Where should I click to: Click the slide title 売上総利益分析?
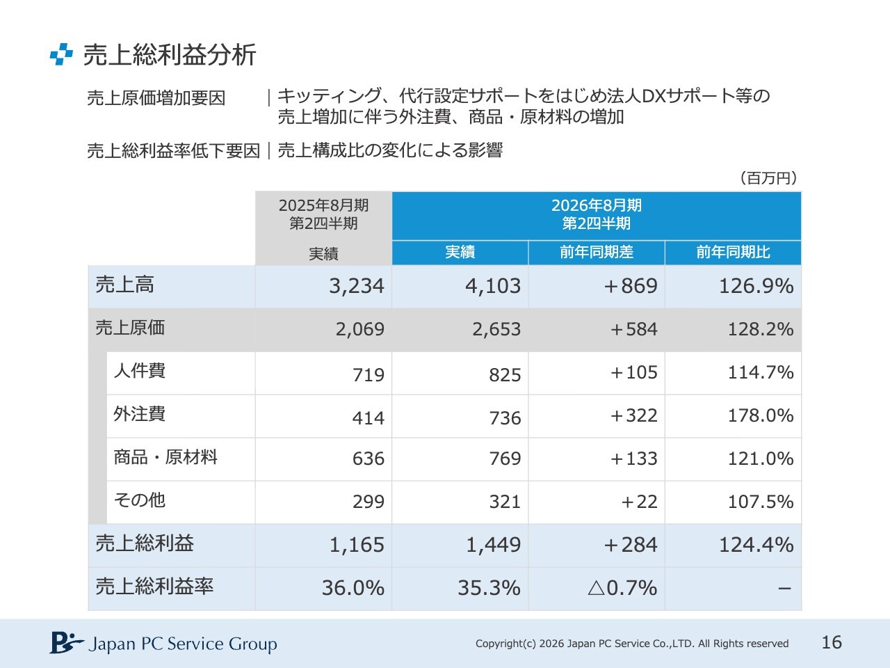click(170, 55)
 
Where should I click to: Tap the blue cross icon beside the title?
click(61, 54)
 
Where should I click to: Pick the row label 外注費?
click(140, 414)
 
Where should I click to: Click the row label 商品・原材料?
click(165, 457)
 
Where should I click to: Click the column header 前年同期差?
click(597, 252)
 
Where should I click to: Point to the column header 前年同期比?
click(733, 252)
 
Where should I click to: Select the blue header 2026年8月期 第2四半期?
click(597, 215)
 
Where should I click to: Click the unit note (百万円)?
click(768, 178)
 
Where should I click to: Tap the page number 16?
click(832, 642)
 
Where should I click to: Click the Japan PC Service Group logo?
click(163, 644)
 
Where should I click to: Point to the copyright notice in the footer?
click(632, 644)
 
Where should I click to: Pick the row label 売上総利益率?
click(154, 587)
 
